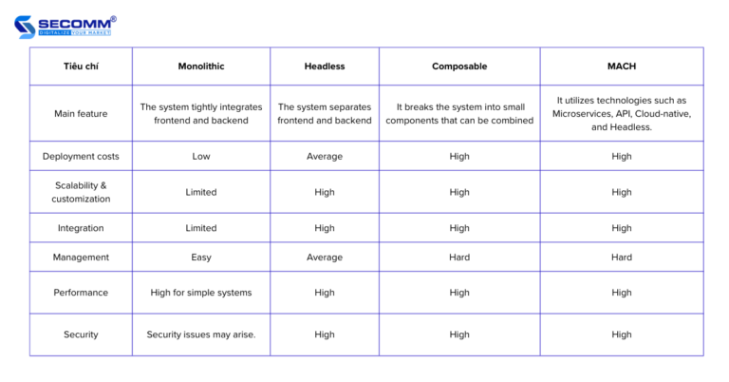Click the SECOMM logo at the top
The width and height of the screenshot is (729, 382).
point(65,26)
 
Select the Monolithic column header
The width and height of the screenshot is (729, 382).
point(200,66)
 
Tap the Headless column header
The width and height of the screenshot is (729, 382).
point(325,66)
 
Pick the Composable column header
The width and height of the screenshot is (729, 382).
point(459,66)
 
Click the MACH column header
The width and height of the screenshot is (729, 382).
point(622,66)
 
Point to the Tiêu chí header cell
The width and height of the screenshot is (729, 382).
point(81,66)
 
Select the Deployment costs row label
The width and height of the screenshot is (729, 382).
point(81,156)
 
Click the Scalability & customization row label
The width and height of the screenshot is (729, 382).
point(81,192)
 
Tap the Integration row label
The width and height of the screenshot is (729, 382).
point(81,228)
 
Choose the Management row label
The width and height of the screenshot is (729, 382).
point(81,258)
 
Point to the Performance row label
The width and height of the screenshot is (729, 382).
point(81,293)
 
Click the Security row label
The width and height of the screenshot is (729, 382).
point(81,334)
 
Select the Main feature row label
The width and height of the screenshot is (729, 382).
point(81,114)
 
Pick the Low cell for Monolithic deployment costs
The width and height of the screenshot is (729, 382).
point(200,156)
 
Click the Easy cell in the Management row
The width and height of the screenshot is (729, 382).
point(200,258)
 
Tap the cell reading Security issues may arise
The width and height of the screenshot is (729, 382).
point(200,334)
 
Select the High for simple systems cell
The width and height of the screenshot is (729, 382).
point(200,293)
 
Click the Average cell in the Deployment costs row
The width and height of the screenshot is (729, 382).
point(325,156)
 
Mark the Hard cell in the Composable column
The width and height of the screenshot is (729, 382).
point(459,258)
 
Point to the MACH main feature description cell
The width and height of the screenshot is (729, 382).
point(622,114)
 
